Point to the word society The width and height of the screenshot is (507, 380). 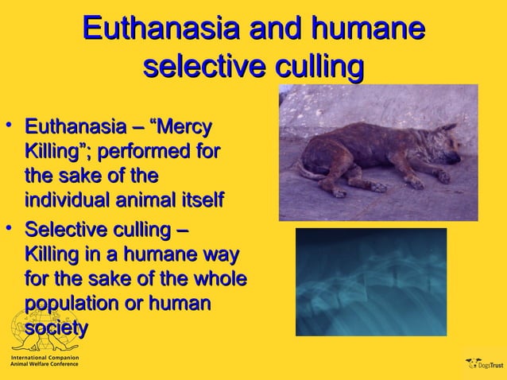click(x=56, y=328)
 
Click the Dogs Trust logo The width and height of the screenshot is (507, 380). click(x=484, y=365)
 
